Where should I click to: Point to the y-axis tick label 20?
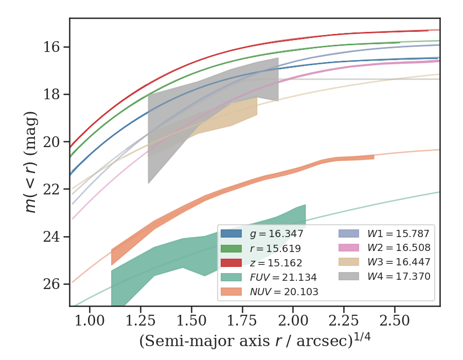pyautogui.click(x=53, y=142)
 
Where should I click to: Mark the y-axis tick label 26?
pyautogui.click(x=53, y=284)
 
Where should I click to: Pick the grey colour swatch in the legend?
pyautogui.click(x=350, y=277)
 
